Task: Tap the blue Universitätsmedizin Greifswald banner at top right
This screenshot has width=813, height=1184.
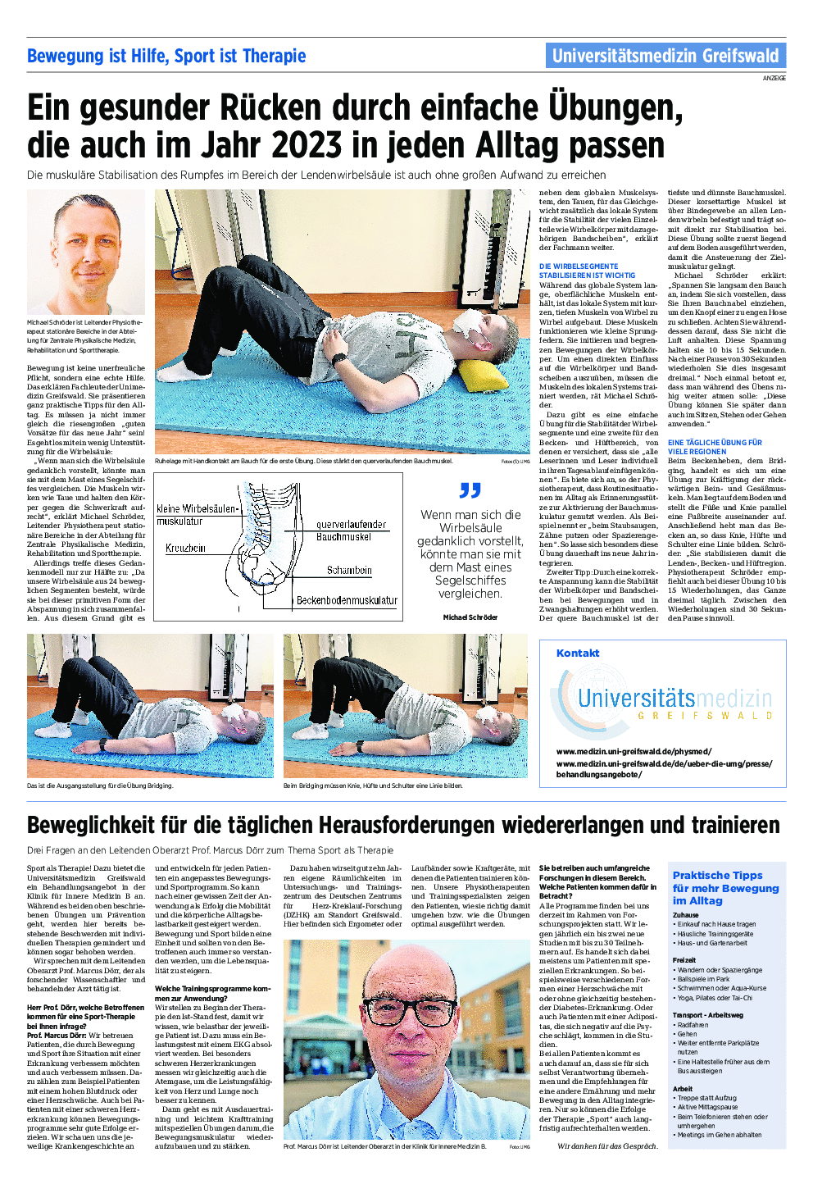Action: (665, 56)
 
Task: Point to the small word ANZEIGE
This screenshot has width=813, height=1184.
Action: (774, 78)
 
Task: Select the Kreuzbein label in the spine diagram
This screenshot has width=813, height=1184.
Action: (185, 548)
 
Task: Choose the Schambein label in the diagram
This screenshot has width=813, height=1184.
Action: (349, 570)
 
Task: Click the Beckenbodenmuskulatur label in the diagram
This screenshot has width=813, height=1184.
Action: (347, 600)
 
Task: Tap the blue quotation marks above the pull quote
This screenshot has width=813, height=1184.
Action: (470, 490)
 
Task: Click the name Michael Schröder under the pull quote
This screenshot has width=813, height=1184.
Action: (470, 617)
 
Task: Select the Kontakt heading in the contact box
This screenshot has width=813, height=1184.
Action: (578, 653)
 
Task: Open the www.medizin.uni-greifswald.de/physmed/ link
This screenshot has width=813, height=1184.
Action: (634, 751)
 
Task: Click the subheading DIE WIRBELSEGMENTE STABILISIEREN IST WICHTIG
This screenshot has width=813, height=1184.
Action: (587, 271)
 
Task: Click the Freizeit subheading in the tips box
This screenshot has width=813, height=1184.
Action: (684, 959)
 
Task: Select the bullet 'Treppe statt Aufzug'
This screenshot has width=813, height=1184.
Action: (706, 1098)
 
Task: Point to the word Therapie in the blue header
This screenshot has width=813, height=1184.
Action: (274, 56)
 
